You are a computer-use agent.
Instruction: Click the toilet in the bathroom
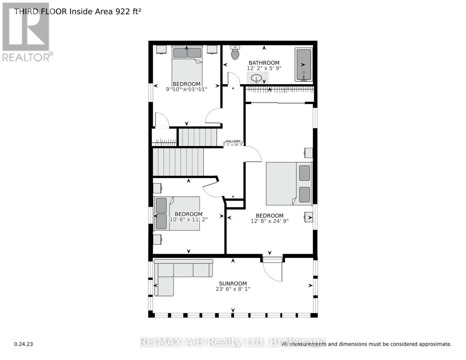pos(235,53)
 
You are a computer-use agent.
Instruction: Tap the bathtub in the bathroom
pos(303,64)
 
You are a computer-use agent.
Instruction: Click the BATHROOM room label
pos(264,63)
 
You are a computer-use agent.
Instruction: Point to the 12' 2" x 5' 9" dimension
pos(264,68)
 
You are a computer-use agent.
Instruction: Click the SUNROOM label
pos(233,283)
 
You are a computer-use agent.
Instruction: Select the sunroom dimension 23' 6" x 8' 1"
pos(233,289)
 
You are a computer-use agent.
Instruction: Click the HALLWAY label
pos(233,141)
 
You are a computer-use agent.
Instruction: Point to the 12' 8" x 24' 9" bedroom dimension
pos(269,221)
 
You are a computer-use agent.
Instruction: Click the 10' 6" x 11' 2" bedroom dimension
pos(188,220)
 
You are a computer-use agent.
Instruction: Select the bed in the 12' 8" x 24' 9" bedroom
pos(288,184)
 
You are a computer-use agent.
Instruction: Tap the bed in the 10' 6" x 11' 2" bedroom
pos(177,213)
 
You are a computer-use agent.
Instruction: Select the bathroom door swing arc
pos(234,79)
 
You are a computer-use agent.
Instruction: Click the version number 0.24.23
pos(24,344)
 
